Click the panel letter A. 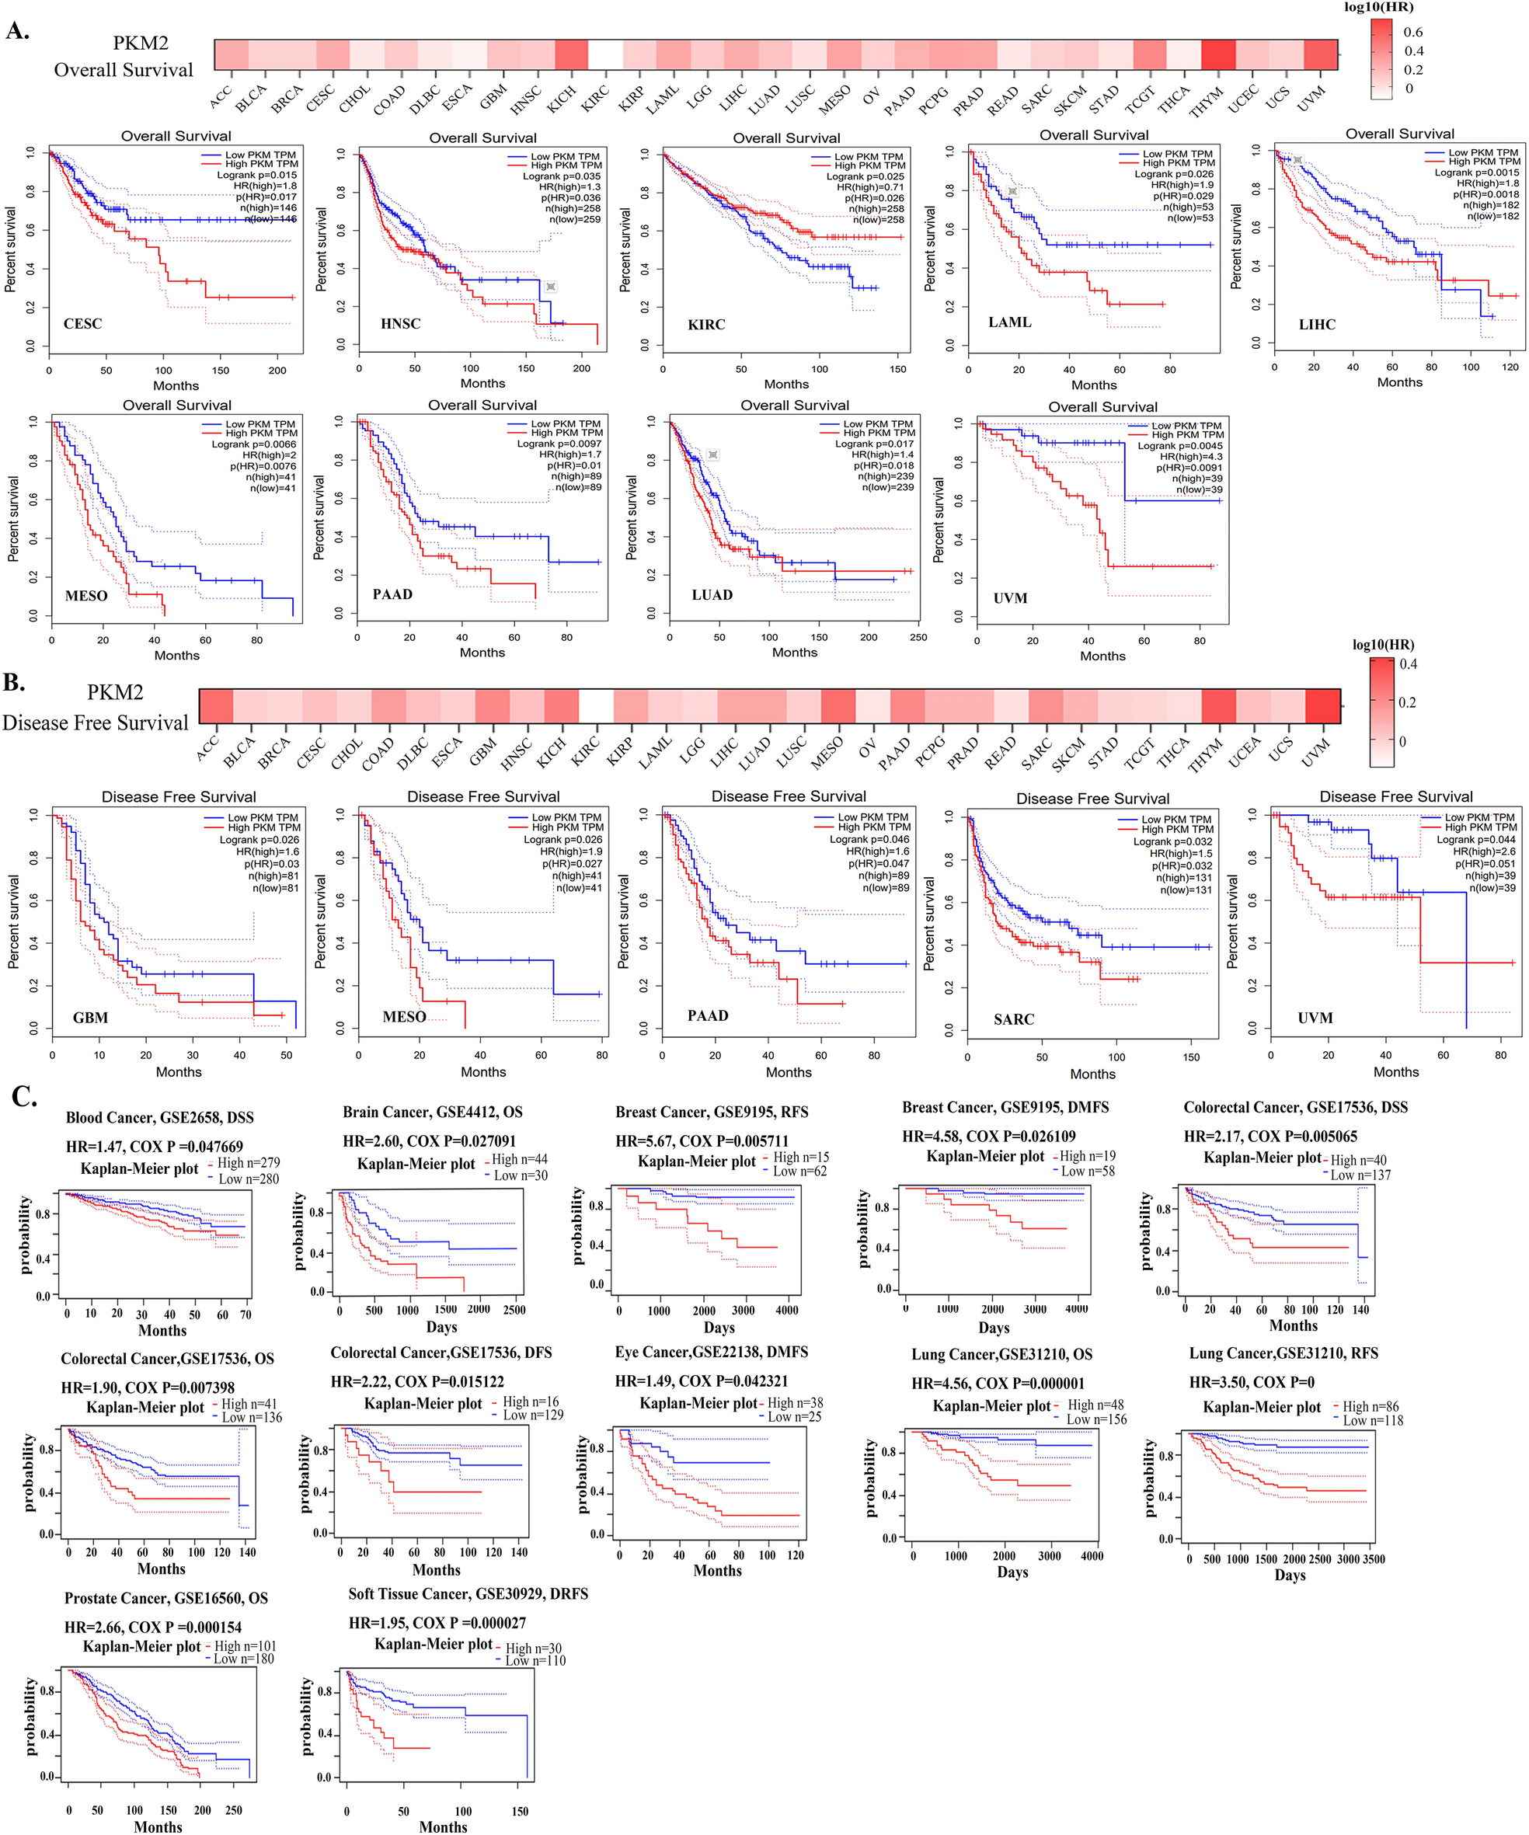[x=17, y=30]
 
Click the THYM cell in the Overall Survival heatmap [x=1217, y=54]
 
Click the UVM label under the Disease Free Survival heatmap [x=1315, y=752]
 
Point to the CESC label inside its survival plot [x=82, y=323]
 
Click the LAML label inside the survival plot [x=1009, y=322]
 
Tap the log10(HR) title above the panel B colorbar [x=1383, y=645]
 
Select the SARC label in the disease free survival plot [x=1014, y=1018]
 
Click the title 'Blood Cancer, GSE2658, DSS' [x=160, y=1118]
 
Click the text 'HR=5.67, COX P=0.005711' [x=702, y=1141]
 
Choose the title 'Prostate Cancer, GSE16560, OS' [x=166, y=1598]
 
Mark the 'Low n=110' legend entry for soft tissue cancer [x=534, y=1660]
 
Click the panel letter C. [x=23, y=1095]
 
